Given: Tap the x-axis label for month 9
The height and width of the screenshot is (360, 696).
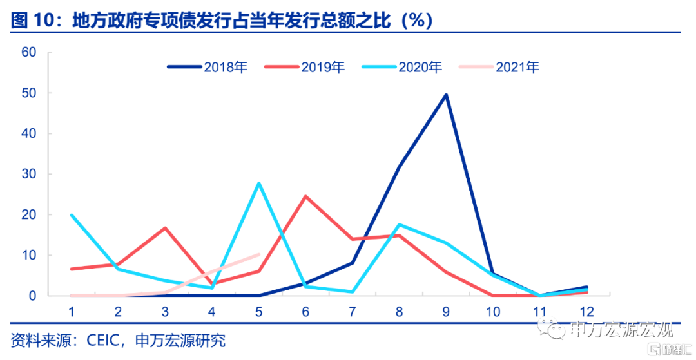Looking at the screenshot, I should pos(446,312).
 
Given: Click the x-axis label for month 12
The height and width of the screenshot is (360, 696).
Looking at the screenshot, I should pos(586,312).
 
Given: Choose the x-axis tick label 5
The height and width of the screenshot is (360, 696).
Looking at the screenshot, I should pos(258,312).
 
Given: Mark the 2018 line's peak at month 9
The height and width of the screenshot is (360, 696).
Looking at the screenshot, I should pos(446,95).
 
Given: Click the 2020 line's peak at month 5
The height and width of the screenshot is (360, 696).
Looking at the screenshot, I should pos(258,183).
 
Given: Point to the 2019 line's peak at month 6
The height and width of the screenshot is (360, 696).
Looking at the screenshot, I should pos(305,196).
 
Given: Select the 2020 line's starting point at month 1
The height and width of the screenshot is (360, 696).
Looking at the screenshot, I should pos(72,214).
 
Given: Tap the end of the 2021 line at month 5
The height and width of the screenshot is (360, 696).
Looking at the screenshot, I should pos(258,254).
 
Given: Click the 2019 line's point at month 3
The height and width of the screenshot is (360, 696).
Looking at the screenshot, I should pos(165,228).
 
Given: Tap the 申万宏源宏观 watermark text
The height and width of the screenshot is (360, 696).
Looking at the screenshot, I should pos(622,331).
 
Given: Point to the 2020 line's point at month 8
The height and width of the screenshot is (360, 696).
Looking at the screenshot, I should pos(399,224).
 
